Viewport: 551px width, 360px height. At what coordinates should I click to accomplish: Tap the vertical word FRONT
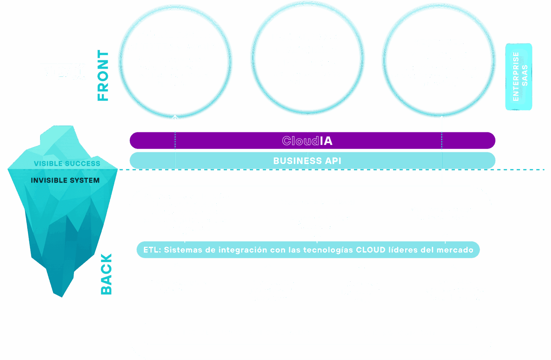(x=103, y=76)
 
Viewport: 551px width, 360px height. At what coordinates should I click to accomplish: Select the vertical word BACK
(x=106, y=274)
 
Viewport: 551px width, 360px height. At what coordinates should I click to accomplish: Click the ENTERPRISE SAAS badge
(x=519, y=77)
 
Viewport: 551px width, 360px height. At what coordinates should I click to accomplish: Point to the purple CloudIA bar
(x=312, y=141)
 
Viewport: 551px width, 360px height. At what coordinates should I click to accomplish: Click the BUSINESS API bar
(x=312, y=161)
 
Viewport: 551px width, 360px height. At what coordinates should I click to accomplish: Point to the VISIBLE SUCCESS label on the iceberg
(x=67, y=164)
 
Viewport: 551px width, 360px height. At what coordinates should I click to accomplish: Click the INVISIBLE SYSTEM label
(x=65, y=181)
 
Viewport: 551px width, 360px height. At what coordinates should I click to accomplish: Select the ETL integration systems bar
(x=308, y=250)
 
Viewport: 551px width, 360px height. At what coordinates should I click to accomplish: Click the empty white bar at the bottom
(x=309, y=333)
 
